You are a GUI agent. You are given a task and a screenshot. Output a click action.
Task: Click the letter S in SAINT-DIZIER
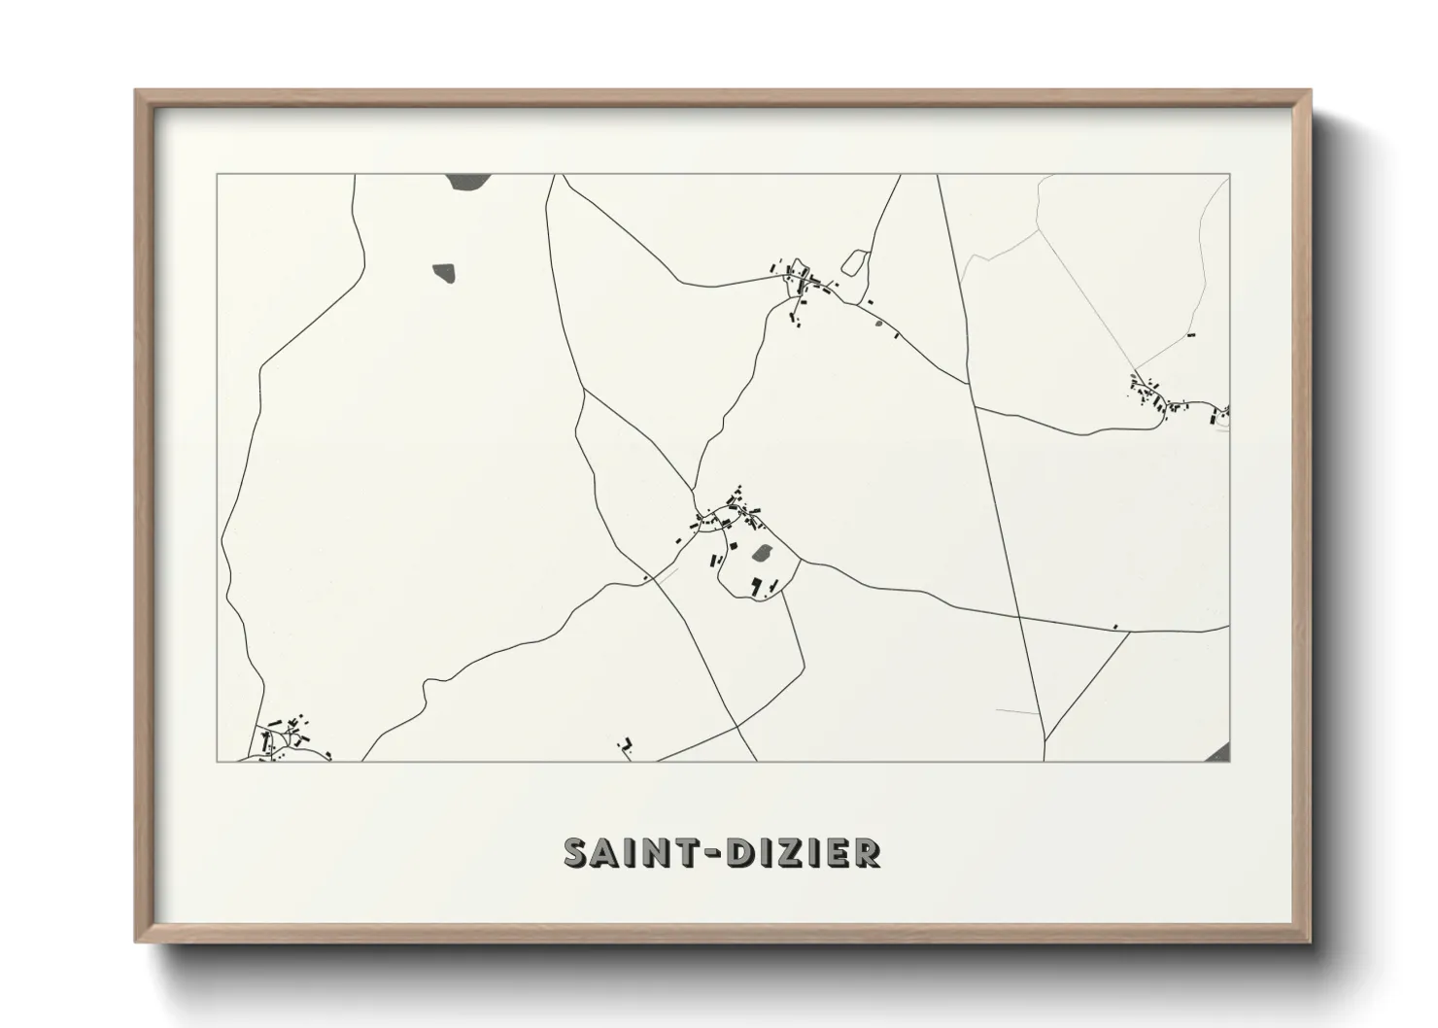578,852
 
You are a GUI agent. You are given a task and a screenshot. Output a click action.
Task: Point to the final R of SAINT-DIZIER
867,852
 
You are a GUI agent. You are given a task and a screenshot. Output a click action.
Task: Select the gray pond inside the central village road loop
763,554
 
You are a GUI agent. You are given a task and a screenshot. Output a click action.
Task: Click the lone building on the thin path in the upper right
1190,334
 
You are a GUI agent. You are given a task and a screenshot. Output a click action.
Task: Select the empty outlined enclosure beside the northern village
854,261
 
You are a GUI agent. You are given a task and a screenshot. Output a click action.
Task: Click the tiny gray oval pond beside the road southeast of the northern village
877,324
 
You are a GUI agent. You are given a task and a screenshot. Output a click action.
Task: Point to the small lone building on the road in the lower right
1115,627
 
